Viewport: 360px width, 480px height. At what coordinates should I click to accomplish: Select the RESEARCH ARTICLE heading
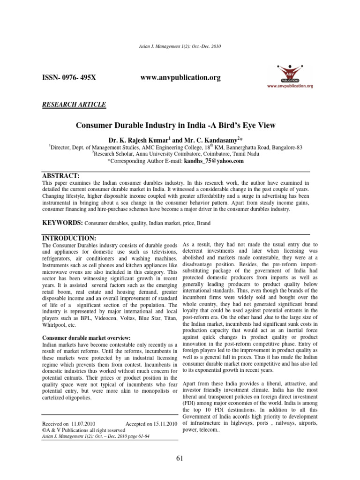(74, 104)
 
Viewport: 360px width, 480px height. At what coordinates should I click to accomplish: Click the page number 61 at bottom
(180, 458)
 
